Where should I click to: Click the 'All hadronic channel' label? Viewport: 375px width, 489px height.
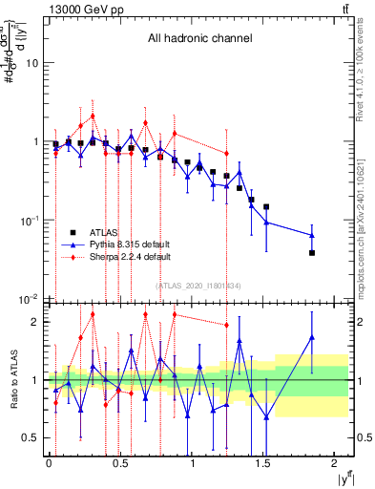pyautogui.click(x=199, y=39)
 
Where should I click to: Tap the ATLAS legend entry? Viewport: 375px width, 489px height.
pyautogui.click(x=105, y=232)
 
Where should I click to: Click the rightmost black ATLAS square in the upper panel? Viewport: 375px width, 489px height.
pyautogui.click(x=312, y=253)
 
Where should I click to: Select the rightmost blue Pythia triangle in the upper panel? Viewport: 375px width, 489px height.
pyautogui.click(x=312, y=235)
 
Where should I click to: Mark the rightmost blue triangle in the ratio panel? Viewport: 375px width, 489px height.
pyautogui.click(x=312, y=336)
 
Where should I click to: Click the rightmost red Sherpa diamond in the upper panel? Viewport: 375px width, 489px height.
pyautogui.click(x=226, y=153)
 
